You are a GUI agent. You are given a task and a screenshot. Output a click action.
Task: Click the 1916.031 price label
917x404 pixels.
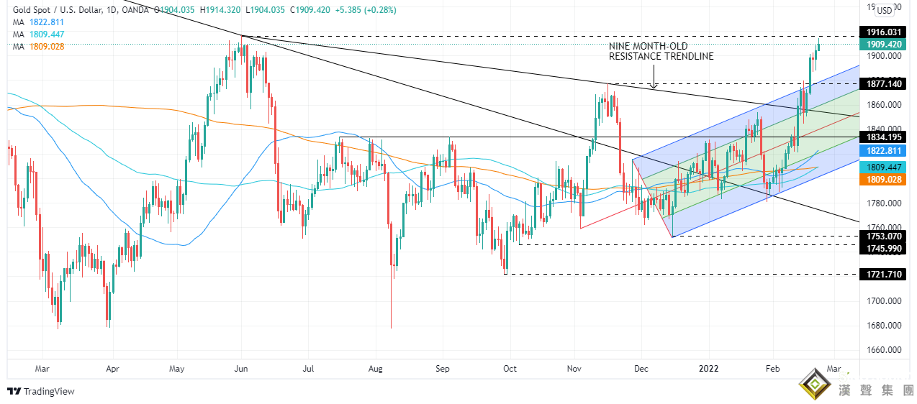coord(883,32)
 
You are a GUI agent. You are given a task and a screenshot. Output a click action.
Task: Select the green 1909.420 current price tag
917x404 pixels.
coord(883,45)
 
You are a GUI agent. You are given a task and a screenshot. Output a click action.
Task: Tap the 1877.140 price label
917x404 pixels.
coord(883,84)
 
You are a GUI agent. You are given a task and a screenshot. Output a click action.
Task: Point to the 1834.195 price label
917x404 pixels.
coord(883,137)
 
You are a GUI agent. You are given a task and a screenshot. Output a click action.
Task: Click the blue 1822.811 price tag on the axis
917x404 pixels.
coord(883,151)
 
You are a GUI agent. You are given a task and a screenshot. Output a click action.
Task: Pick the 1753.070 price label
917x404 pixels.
coord(883,236)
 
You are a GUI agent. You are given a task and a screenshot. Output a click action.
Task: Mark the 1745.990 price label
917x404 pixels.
coord(883,248)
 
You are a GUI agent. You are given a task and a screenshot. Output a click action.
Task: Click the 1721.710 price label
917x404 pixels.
coord(883,275)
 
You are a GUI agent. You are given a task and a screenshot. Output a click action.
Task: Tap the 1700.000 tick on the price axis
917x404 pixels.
coord(883,301)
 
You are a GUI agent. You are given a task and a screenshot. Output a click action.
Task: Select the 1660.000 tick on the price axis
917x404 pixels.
coord(883,351)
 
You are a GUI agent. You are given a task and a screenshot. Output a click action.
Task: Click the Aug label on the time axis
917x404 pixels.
coord(374,369)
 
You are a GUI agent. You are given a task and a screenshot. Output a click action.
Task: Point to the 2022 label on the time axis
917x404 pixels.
coord(709,369)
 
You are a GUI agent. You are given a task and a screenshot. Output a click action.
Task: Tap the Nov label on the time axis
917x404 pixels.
coord(574,369)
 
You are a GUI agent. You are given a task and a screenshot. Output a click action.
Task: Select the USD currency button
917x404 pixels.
coord(883,10)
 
